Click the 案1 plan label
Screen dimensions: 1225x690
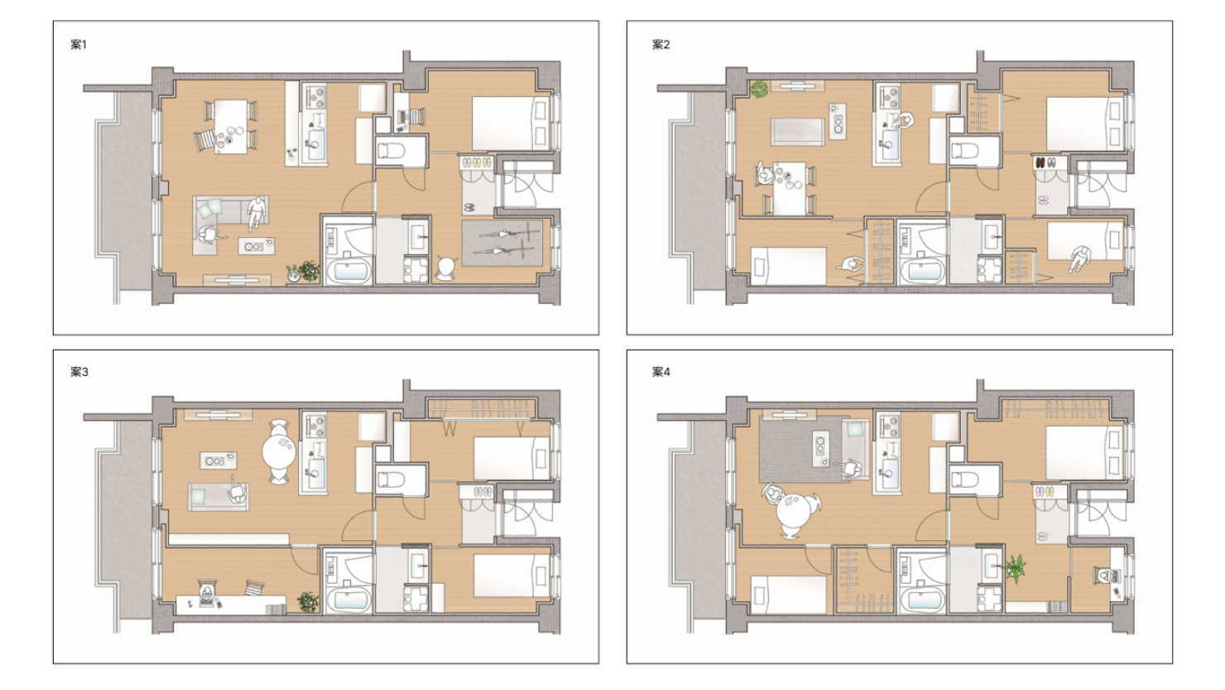pyautogui.click(x=79, y=45)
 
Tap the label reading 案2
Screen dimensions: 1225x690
pyautogui.click(x=661, y=45)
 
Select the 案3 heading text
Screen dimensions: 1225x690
pyautogui.click(x=79, y=372)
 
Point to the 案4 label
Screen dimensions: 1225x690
pyautogui.click(x=661, y=372)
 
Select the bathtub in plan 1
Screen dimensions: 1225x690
pyautogui.click(x=348, y=272)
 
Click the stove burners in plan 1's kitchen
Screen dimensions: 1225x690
pyautogui.click(x=315, y=98)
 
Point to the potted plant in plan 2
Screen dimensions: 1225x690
pyautogui.click(x=759, y=89)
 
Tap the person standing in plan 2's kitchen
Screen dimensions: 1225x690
pyautogui.click(x=905, y=122)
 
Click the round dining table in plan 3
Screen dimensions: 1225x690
pyautogui.click(x=279, y=451)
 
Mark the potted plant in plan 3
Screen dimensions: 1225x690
pyautogui.click(x=308, y=601)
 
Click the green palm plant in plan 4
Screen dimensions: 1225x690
pyautogui.click(x=1015, y=569)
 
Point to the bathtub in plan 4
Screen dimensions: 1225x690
pyautogui.click(x=922, y=600)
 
